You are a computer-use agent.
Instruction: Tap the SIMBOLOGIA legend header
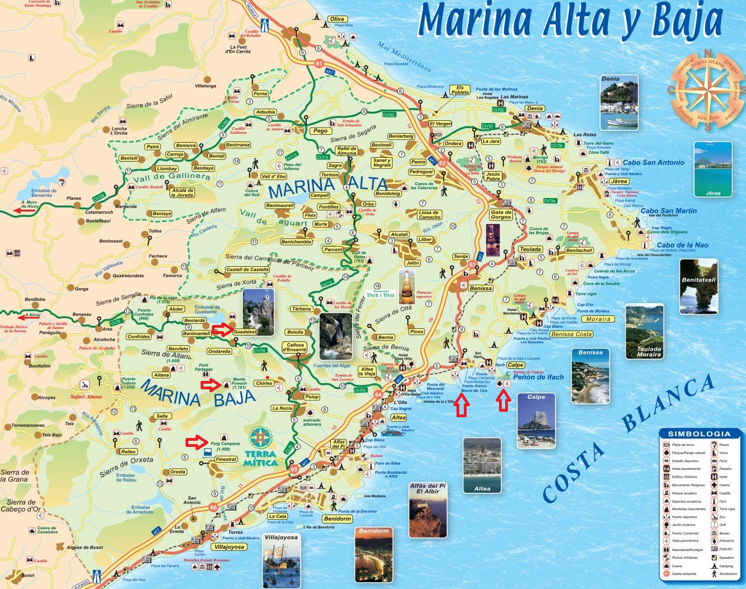tap(699, 433)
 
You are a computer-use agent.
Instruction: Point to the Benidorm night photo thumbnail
tap(374, 555)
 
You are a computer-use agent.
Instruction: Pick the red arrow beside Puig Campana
tap(196, 442)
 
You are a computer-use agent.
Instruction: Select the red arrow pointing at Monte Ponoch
tap(211, 384)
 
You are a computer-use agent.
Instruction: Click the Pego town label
tap(320, 131)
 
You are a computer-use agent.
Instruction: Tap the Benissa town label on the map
tap(481, 288)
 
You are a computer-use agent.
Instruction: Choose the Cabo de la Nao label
tap(682, 245)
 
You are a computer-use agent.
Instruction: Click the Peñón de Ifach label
tap(538, 377)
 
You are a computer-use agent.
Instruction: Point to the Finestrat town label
tap(226, 459)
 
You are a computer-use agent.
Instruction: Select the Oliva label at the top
tap(337, 19)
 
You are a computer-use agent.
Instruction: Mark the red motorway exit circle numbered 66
tap(213, 507)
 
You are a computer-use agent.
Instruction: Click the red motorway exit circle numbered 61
tap(319, 64)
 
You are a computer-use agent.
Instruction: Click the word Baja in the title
tap(687, 21)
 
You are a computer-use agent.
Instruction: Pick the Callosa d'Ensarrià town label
tap(295, 347)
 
